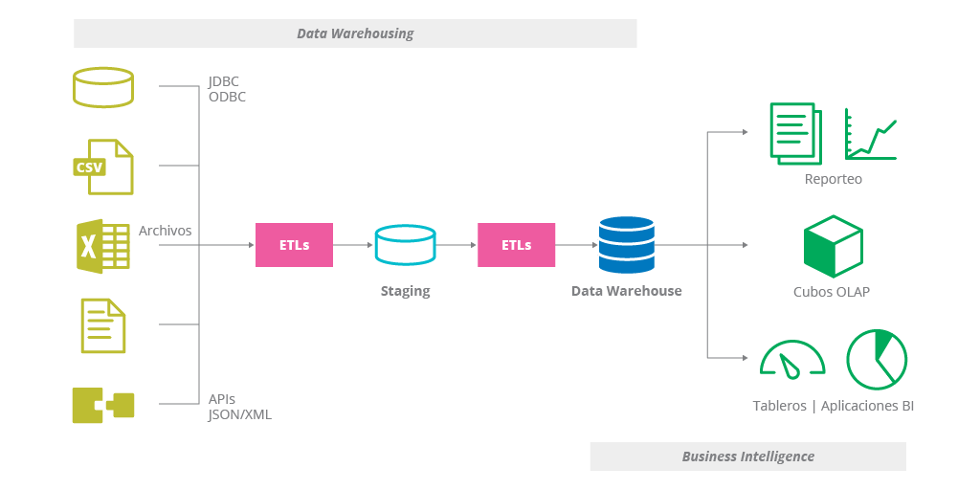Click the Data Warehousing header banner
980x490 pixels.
coord(355,33)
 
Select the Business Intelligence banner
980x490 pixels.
coord(747,457)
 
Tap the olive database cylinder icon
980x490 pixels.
coord(103,87)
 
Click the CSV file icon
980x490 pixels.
coord(103,167)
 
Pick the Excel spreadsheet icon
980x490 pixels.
coord(102,246)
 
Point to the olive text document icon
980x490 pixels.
coord(103,325)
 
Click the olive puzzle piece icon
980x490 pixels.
coord(103,405)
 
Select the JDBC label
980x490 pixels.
coord(224,81)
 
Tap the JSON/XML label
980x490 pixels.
coord(240,414)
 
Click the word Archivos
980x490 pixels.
coord(165,231)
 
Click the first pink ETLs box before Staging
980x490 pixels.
coord(294,245)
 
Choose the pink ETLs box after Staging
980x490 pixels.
coord(516,245)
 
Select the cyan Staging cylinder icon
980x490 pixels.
coord(405,245)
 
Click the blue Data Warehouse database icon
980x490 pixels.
coord(626,245)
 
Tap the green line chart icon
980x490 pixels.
coord(870,134)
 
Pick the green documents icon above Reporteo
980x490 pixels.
coord(795,134)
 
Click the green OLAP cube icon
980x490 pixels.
coord(833,246)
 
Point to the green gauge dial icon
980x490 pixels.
coord(792,360)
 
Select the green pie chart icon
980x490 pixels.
coord(876,359)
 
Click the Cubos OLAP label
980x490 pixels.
coord(832,292)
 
